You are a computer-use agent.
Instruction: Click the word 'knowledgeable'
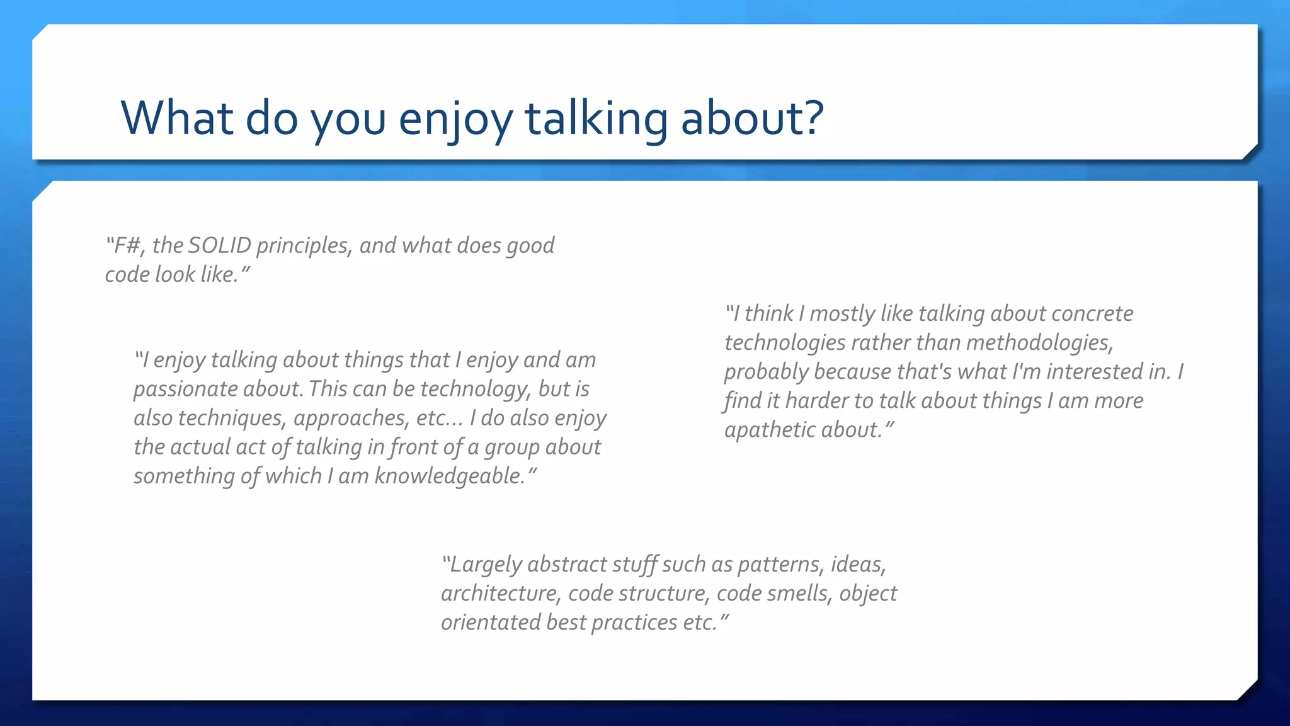point(449,476)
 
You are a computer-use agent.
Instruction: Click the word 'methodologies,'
point(1039,342)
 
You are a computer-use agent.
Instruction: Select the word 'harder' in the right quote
point(816,401)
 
